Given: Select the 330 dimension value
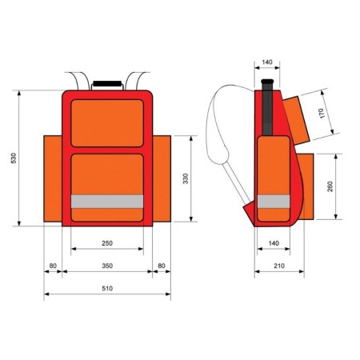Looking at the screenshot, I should point(186,179).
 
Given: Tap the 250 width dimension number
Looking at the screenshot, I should point(107,242).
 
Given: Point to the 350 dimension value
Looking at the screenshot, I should point(107,265).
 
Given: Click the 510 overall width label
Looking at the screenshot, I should point(107,288).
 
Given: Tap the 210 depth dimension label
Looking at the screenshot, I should point(279,265).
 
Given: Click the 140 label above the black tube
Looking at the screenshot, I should point(268,61).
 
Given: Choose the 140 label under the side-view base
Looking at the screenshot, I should point(273,242).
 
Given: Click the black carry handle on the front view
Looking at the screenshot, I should point(107,82).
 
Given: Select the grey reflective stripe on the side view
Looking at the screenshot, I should point(274,201).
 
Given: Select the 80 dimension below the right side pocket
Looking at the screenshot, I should point(161,265).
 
